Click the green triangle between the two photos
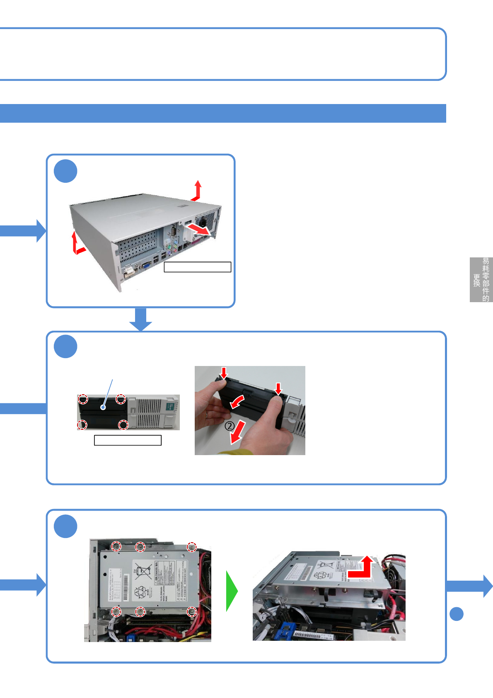[231, 591]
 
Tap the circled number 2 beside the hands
[230, 426]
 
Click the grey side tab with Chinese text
[481, 280]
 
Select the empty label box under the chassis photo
[197, 267]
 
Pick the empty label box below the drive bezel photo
[128, 440]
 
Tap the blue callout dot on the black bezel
[103, 407]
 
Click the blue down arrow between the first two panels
[141, 319]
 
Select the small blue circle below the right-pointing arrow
[457, 614]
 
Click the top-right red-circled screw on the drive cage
[191, 547]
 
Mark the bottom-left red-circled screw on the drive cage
[116, 611]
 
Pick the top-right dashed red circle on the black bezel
[121, 399]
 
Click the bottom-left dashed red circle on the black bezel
[82, 425]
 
